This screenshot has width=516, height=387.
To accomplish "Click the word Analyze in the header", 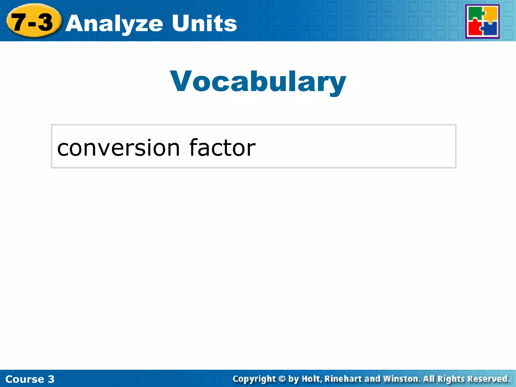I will pyautogui.click(x=115, y=24).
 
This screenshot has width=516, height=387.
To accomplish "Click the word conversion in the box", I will pyautogui.click(x=118, y=148).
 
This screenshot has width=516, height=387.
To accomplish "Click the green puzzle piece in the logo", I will pyautogui.click(x=475, y=14).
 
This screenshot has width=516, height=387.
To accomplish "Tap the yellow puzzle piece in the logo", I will pyautogui.click(x=490, y=14).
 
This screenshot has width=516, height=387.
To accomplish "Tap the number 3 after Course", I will pyautogui.click(x=51, y=379).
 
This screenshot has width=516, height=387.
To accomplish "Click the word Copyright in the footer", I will pyautogui.click(x=254, y=379).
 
